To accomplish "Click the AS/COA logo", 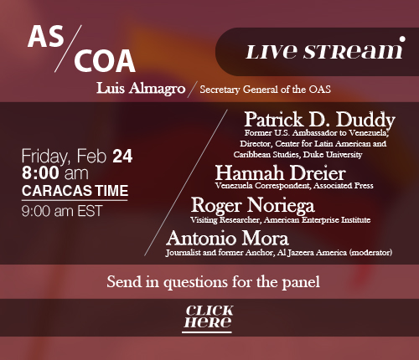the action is [81, 49].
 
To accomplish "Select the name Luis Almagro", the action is [141, 89].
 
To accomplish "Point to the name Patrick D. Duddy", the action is [319, 120].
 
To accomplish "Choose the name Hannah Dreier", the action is [281, 173].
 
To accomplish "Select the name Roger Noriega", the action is [253, 205].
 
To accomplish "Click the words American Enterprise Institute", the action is [317, 220].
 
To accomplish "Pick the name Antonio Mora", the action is [227, 239].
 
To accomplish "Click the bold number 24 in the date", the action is [122, 157].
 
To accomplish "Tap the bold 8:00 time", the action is [40, 172].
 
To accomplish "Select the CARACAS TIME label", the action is [75, 191].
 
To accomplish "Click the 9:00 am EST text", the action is [62, 211].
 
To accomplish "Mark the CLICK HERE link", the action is [208, 317].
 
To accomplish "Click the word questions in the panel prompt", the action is [195, 283].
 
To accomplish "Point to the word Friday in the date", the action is [44, 157].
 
